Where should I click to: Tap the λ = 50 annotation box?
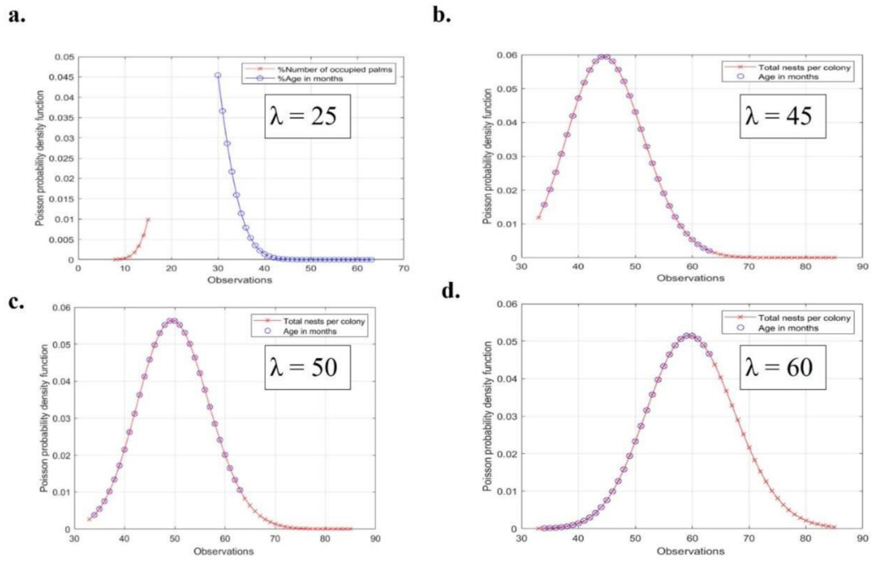pos(307,367)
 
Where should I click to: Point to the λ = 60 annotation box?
pos(782,367)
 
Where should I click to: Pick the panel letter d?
pos(451,291)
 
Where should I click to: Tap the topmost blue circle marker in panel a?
pos(218,75)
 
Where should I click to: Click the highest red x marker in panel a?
pos(148,220)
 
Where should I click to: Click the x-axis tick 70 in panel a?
pos(403,268)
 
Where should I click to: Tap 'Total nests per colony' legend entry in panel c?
pos(324,322)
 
